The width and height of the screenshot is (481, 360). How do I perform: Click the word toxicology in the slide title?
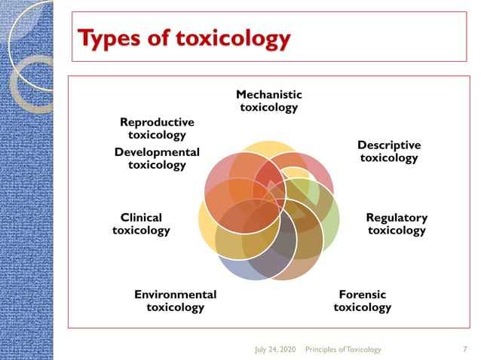(234, 38)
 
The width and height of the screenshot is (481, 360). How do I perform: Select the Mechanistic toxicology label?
(269, 101)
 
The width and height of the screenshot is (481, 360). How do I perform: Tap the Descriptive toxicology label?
(389, 151)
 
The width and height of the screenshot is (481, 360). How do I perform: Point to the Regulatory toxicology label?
(397, 224)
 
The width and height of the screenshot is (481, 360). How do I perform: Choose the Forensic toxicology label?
(363, 301)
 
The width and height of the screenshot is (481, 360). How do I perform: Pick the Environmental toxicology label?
(175, 301)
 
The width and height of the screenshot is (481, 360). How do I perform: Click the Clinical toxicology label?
(141, 224)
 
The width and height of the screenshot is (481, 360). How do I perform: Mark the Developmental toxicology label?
(157, 158)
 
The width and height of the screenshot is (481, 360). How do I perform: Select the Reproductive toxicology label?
(157, 128)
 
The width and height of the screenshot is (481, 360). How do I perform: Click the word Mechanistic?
(269, 95)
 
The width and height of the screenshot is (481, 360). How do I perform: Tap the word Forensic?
(363, 294)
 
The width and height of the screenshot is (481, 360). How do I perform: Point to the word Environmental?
(175, 294)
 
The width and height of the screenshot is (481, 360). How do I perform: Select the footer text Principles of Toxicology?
(343, 349)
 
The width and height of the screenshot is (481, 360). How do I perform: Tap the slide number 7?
(464, 349)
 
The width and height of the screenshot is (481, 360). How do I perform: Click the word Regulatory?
(397, 218)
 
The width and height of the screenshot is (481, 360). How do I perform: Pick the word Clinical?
(141, 218)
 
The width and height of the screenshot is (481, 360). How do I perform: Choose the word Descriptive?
(389, 145)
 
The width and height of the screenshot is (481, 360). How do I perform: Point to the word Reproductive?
(157, 122)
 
